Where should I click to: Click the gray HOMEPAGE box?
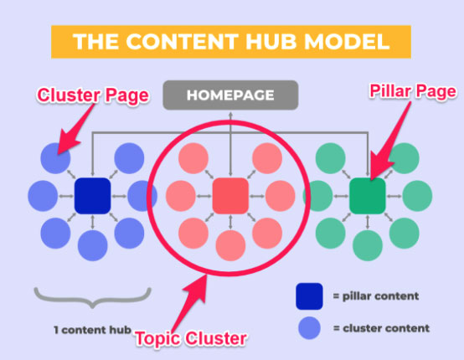[230, 95]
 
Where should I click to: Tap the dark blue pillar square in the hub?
[93, 196]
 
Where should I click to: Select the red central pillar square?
[230, 196]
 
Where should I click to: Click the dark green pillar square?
[368, 196]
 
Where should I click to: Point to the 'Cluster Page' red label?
[93, 95]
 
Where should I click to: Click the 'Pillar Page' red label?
[413, 91]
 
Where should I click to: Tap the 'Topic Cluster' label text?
[191, 338]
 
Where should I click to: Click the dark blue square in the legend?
[309, 296]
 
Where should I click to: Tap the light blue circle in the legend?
[309, 328]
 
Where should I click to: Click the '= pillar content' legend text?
[376, 296]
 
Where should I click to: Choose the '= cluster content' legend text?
[381, 328]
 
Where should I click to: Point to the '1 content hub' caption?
[92, 330]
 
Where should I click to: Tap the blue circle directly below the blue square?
[93, 245]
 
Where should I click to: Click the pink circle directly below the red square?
[230, 245]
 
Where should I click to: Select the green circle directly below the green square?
[368, 245]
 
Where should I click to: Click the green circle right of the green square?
[417, 196]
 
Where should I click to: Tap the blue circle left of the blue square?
[43, 196]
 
